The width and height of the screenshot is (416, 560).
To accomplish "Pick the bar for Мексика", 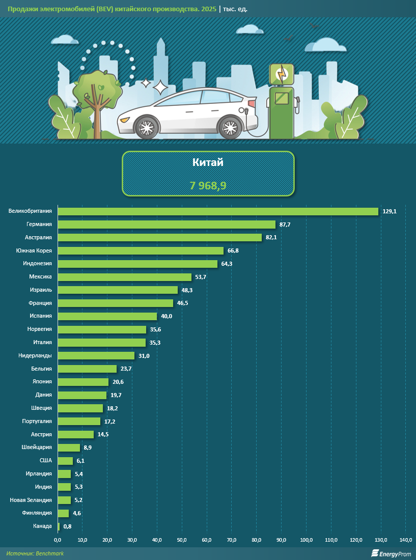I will (x=124, y=277).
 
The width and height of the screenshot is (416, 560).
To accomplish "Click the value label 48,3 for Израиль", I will (x=187, y=290).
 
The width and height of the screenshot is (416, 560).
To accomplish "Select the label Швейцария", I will (x=36, y=447).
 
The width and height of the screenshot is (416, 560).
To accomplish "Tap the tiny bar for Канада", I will (x=59, y=526).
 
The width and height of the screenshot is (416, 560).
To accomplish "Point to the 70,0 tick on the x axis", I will (x=231, y=540).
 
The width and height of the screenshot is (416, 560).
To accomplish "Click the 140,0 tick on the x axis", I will (x=405, y=540).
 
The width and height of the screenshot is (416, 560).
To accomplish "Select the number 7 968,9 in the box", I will (x=208, y=186).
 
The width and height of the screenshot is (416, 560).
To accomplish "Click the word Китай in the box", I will (x=208, y=163).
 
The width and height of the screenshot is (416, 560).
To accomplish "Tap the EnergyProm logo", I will (x=390, y=553).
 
